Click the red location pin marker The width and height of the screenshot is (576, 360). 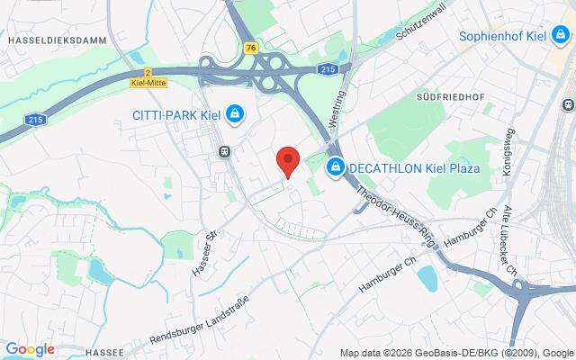click(287, 160)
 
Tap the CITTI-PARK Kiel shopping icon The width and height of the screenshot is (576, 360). click(234, 113)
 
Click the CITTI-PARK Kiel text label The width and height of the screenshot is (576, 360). click(176, 113)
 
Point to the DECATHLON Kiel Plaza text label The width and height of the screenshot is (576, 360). click(414, 168)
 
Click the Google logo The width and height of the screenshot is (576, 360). click(30, 349)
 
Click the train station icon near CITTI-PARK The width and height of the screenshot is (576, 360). click(223, 152)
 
